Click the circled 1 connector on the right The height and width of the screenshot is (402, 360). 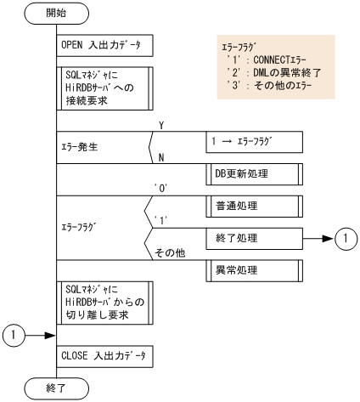(x=345, y=239)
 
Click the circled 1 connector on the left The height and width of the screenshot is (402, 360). (x=15, y=336)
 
